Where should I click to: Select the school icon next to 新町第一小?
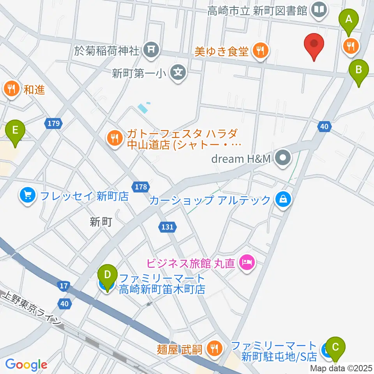pyautogui.click(x=178, y=72)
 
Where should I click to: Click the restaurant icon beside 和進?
pyautogui.click(x=11, y=89)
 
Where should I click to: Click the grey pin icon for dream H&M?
pyautogui.click(x=283, y=158)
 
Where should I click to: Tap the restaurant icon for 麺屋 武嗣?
pyautogui.click(x=213, y=348)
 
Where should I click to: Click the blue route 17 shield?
pyautogui.click(x=64, y=286)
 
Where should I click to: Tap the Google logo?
pyautogui.click(x=26, y=365)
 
